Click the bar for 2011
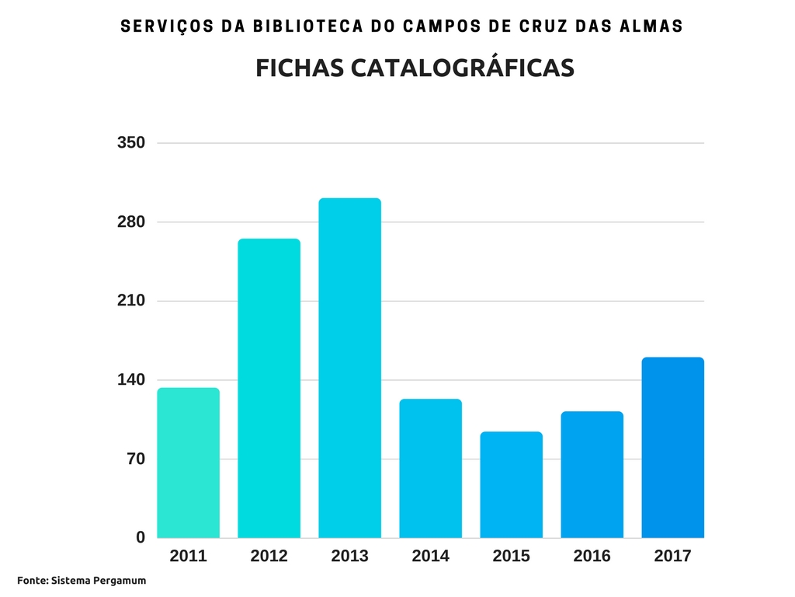189,463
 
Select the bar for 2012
269,388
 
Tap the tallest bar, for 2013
349,368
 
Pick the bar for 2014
430,468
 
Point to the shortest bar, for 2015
511,484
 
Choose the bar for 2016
592,474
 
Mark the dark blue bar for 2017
672,447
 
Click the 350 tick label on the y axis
131,143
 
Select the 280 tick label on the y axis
131,222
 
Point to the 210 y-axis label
131,301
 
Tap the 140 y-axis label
131,380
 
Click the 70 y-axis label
136,459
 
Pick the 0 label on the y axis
141,537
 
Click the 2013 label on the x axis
349,557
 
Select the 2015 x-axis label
511,557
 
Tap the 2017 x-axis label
672,557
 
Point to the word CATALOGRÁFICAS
463,68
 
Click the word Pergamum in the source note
121,581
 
